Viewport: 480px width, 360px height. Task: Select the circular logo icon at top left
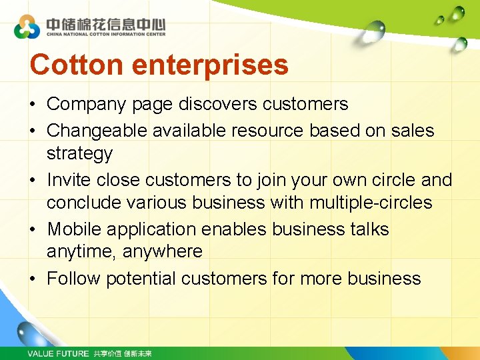[x=27, y=27]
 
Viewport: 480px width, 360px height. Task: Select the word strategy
[x=79, y=154]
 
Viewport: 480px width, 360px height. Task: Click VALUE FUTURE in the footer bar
[x=58, y=353]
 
